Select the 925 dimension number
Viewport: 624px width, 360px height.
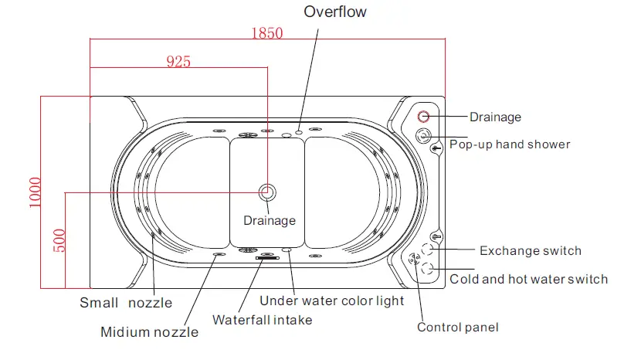coord(178,62)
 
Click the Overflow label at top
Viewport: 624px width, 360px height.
coord(334,12)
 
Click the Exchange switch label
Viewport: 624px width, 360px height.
coord(530,250)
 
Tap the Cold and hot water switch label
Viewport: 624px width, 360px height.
coord(528,279)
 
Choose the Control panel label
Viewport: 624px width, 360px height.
coord(458,327)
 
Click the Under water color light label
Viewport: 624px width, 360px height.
coord(331,301)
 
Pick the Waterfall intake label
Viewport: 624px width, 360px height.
coord(263,318)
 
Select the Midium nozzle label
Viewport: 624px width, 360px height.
coord(149,332)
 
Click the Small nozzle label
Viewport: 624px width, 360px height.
coord(126,303)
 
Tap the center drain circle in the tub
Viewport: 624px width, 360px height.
coord(267,192)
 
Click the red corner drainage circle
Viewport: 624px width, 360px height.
coord(423,117)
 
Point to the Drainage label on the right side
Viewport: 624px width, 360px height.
coord(495,117)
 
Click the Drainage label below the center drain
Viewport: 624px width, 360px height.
coord(270,220)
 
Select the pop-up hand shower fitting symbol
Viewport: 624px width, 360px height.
coord(423,137)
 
